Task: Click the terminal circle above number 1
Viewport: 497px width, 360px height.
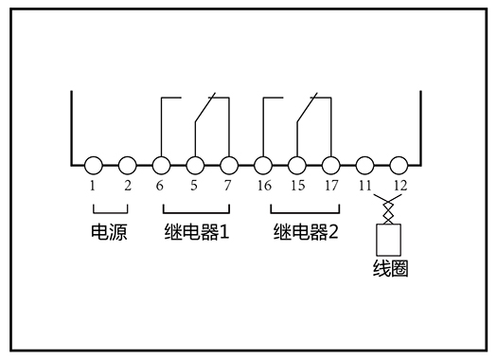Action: point(93,165)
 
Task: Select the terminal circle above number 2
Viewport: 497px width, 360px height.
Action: point(127,165)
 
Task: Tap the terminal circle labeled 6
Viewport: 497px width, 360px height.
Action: point(161,165)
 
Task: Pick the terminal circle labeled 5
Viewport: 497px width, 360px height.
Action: point(195,165)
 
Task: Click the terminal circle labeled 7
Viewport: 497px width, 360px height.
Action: point(228,165)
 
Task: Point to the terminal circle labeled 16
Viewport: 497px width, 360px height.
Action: point(263,165)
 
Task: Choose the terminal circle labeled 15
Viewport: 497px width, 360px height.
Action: point(297,165)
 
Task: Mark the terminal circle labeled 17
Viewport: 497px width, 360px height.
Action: point(330,165)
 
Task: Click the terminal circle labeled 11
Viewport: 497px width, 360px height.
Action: point(364,165)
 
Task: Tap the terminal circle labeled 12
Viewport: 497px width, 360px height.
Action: point(399,165)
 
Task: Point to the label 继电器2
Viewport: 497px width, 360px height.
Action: point(306,231)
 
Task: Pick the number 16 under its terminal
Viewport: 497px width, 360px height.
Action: point(264,185)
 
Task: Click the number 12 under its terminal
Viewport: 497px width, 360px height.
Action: point(399,185)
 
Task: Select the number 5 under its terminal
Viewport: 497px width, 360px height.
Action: point(194,185)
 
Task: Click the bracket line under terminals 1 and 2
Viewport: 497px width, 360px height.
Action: point(110,210)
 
